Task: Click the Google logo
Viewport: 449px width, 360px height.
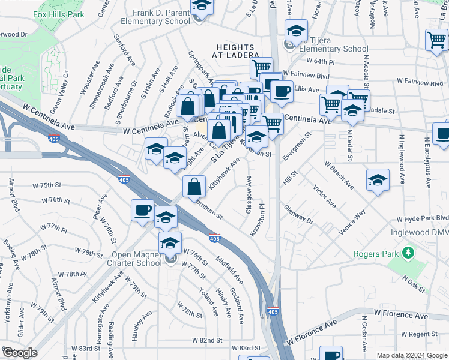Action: pos(20,352)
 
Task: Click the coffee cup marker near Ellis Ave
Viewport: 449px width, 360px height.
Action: pos(281,92)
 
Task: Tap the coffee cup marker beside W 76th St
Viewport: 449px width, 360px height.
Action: pos(143,210)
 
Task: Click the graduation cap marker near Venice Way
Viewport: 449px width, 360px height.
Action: pos(378,179)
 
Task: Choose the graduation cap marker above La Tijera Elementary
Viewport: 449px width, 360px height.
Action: pos(297,31)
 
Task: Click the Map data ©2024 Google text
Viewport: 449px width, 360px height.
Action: pos(411,355)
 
